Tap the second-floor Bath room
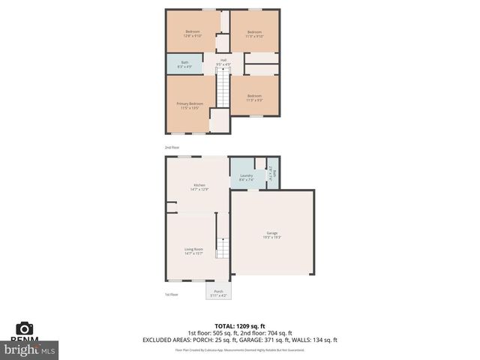184,64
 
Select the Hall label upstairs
223,62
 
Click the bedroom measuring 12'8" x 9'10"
193,33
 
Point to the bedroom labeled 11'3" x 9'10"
254,33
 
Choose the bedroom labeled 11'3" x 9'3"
254,97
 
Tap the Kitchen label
199,187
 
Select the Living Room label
194,251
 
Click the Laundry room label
246,178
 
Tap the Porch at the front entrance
218,292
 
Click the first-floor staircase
222,247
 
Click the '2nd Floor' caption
172,147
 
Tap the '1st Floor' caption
172,294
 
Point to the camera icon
25,328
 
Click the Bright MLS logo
30,349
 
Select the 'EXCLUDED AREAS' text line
240,340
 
